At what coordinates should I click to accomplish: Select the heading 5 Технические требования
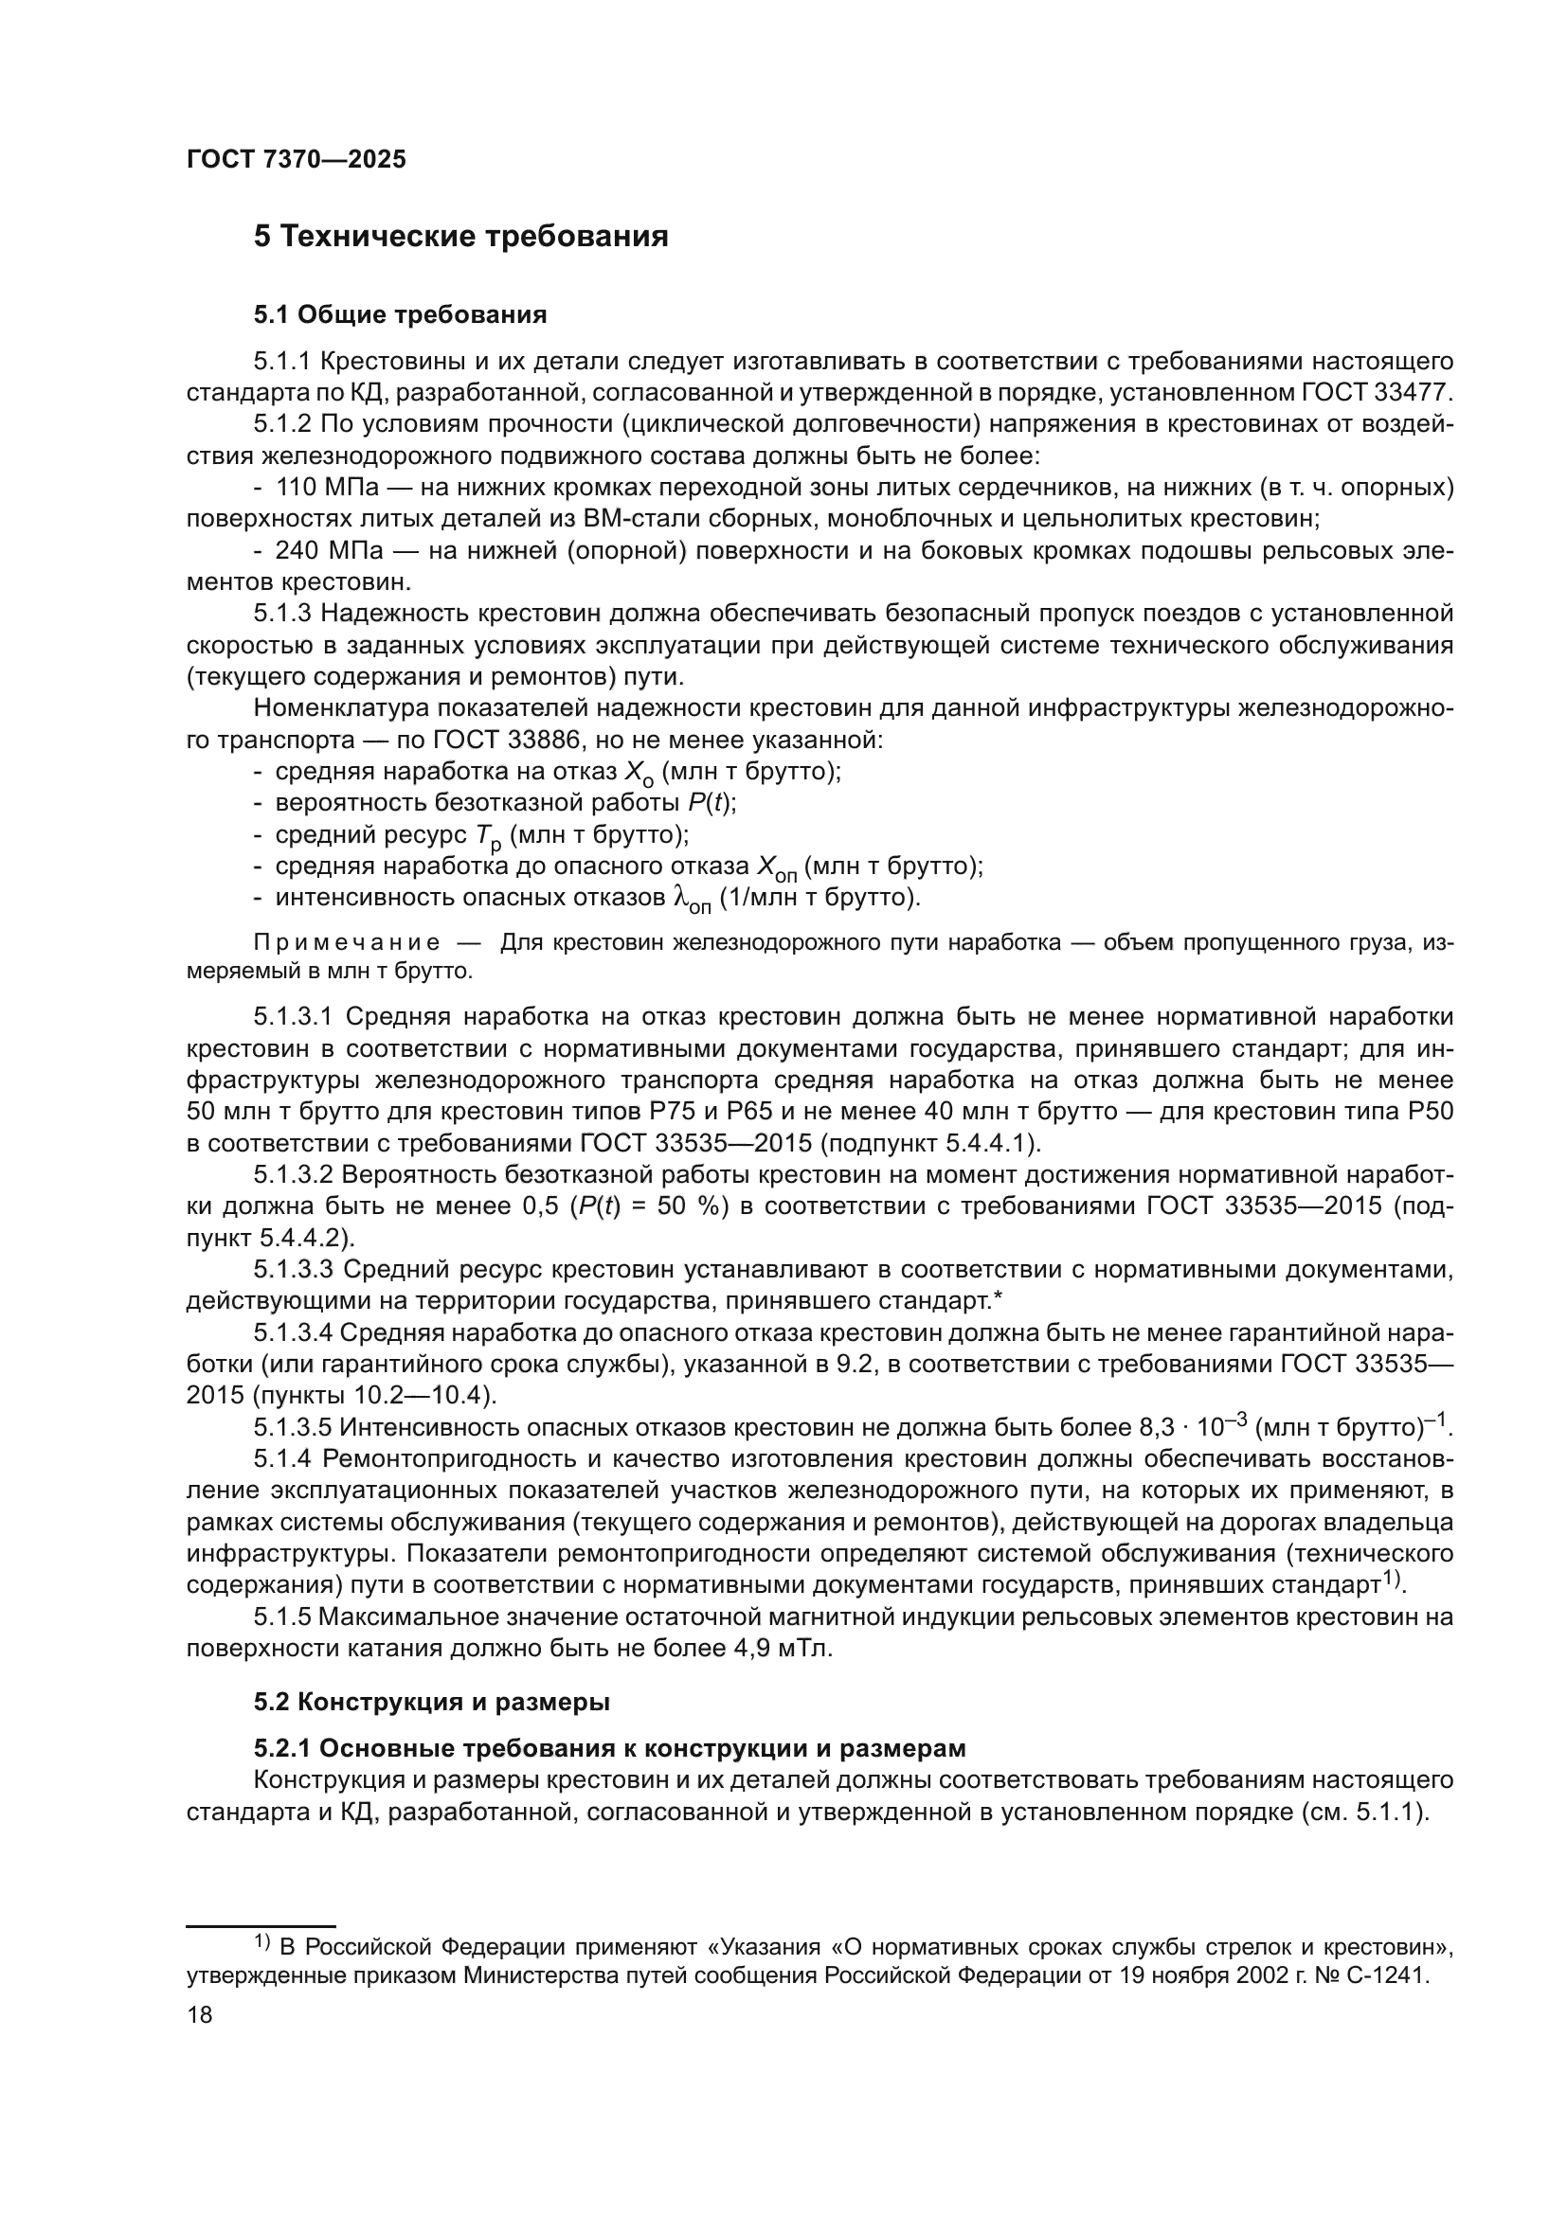click(461, 237)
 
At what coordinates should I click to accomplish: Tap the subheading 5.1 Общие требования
click(401, 314)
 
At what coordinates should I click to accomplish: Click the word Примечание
click(348, 942)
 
